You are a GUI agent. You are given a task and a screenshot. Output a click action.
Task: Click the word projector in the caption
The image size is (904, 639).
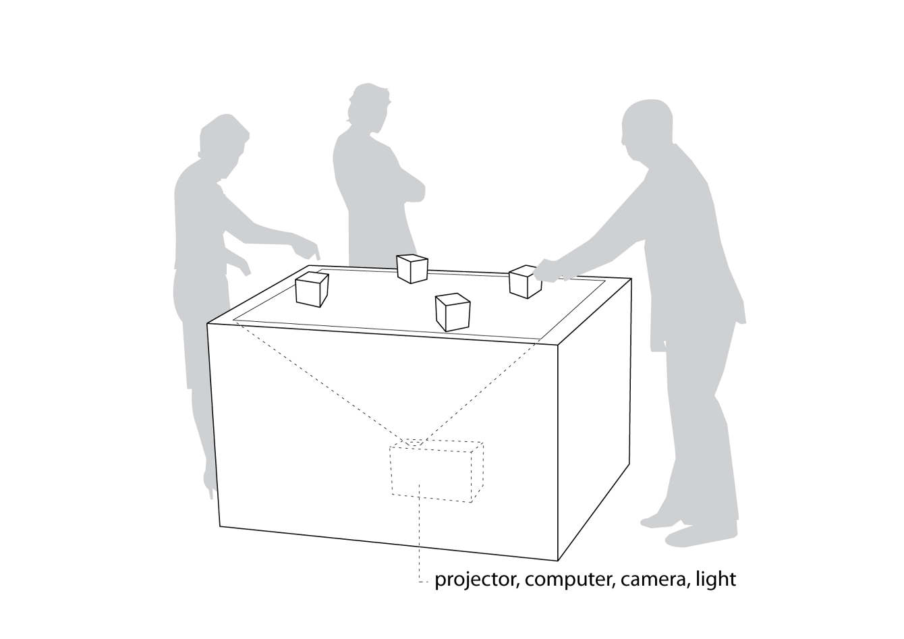click(x=476, y=580)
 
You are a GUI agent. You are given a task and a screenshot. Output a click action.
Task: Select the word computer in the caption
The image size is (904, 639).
click(x=567, y=580)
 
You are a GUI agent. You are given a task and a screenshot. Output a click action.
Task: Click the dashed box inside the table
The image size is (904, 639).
click(x=435, y=472)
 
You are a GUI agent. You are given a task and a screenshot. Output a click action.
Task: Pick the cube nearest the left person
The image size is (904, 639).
click(x=312, y=289)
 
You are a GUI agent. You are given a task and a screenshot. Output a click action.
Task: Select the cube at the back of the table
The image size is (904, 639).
click(x=412, y=268)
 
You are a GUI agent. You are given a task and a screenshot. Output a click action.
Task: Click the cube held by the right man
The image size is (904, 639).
click(x=525, y=281)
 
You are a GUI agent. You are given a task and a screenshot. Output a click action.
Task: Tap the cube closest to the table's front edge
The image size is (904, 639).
click(x=452, y=312)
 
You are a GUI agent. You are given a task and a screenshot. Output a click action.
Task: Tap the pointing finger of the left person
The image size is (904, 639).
click(x=315, y=254)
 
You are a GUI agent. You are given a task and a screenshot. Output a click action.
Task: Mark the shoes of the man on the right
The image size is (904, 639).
click(x=695, y=533)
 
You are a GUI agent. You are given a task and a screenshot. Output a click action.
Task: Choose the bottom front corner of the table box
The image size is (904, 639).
click(x=559, y=561)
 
